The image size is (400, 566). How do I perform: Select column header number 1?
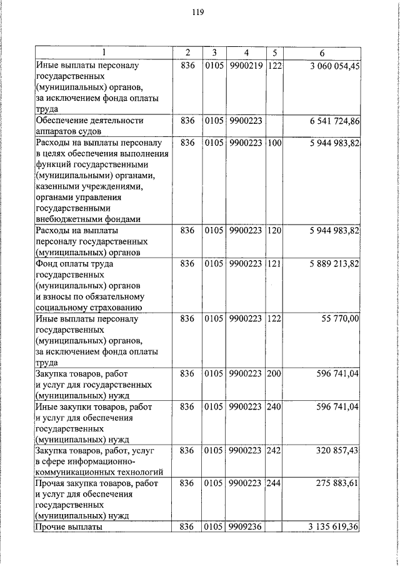[x=104, y=52]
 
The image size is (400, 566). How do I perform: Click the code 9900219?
[x=245, y=66]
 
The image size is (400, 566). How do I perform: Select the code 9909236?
[x=245, y=527]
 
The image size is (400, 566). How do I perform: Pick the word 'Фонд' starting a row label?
[x=47, y=265]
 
